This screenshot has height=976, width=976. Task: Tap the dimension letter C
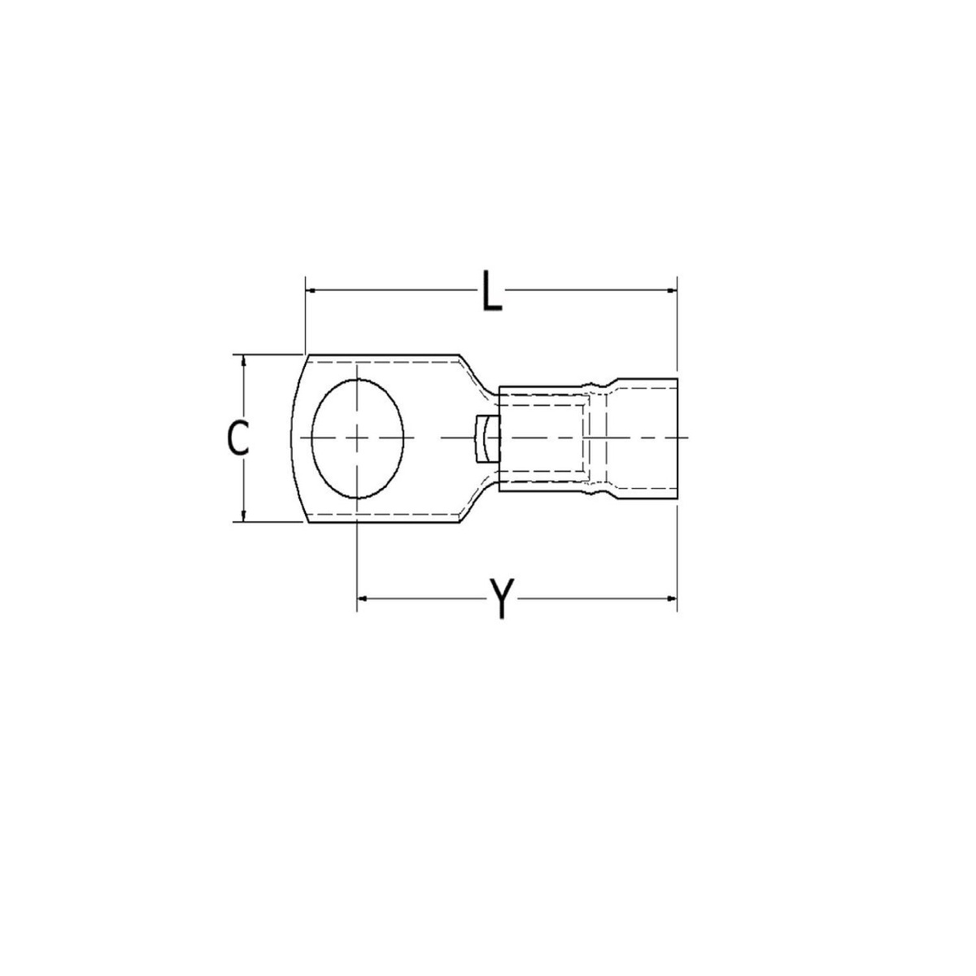click(237, 438)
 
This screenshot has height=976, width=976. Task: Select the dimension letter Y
click(503, 599)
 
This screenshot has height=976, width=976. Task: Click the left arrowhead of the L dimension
click(310, 289)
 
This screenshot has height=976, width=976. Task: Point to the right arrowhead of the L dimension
click(672, 289)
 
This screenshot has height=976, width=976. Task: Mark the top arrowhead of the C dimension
click(242, 359)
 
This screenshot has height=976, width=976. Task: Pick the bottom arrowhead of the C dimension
click(242, 516)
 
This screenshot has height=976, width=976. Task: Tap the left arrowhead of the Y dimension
click(363, 599)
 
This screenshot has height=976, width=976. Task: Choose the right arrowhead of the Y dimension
click(672, 599)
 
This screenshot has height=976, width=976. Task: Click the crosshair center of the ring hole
click(358, 438)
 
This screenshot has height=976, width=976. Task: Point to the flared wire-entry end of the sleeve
click(647, 438)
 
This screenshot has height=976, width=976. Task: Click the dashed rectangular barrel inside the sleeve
click(541, 438)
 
